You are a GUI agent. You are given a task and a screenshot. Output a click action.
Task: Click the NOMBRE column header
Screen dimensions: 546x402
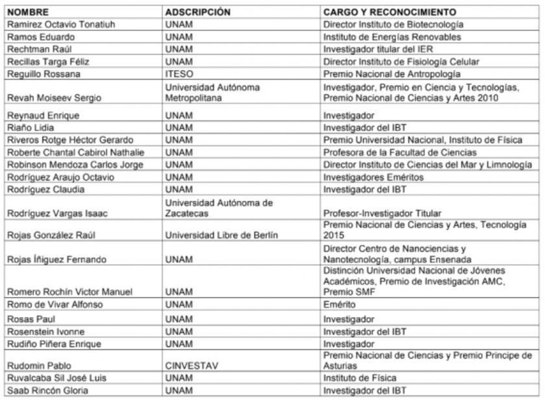pos(28,12)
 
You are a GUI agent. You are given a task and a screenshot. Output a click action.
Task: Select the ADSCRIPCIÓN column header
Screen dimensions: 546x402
pos(197,12)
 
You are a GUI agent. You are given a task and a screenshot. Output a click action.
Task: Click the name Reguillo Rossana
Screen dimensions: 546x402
pos(43,74)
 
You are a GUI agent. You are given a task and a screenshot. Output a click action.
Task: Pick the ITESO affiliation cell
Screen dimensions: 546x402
pos(179,74)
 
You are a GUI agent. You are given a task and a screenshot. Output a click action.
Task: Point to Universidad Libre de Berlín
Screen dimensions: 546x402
pos(221,235)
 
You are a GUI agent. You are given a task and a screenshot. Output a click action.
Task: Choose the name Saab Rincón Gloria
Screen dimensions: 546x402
pos(47,390)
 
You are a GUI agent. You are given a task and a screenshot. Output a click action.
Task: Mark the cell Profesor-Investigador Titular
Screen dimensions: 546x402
pos(382,213)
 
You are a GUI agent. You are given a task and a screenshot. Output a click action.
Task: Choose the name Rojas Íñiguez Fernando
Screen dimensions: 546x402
pos(56,259)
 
